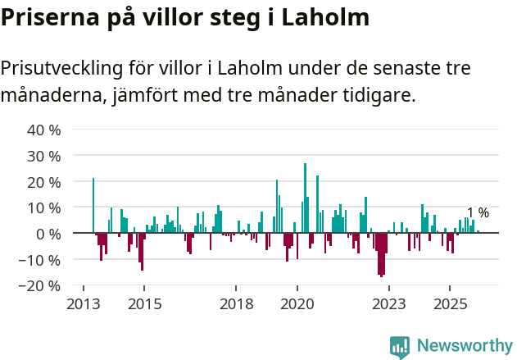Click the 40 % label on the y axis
[44, 130]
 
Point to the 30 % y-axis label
[44, 156]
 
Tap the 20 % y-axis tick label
[44, 182]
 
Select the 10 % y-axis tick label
[44, 208]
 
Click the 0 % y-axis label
[48, 234]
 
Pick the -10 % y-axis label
[42, 260]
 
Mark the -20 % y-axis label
[42, 286]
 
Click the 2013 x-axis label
[83, 304]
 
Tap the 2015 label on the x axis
[144, 304]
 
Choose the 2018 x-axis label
[236, 304]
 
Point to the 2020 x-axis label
[297, 304]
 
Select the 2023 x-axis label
[388, 304]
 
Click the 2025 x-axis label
[450, 304]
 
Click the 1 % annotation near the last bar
[478, 213]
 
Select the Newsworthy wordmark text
[464, 346]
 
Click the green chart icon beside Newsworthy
[400, 347]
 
